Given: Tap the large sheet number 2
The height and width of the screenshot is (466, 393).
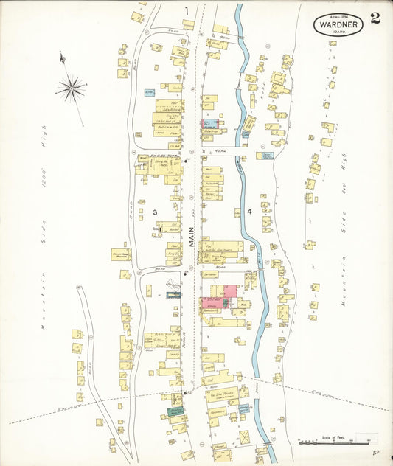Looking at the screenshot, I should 376,18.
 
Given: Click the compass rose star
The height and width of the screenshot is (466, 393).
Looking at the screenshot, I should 72,89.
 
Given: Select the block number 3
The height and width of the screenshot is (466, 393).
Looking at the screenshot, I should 155,212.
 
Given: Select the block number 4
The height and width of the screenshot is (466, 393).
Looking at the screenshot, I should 250,212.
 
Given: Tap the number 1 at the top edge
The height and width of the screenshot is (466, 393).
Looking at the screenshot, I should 187,10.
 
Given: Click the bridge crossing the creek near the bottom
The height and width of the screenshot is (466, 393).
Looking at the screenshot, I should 256,389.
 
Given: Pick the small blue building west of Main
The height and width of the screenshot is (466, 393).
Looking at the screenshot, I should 149,92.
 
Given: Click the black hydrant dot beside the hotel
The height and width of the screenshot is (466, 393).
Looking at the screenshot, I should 187,160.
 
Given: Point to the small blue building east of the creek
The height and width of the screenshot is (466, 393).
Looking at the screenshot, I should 267,156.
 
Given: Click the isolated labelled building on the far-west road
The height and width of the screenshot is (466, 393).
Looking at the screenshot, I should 121,254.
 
